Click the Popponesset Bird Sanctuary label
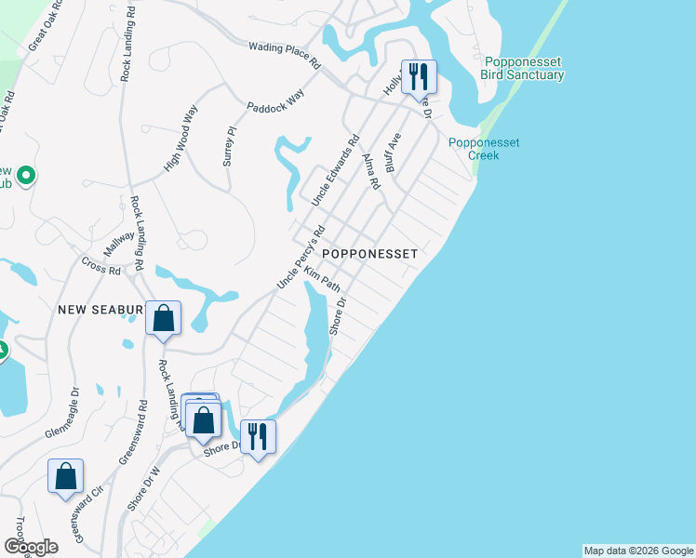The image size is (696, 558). (x=523, y=68)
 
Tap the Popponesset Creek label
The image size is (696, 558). (x=484, y=149)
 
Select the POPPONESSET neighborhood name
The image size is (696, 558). (x=369, y=253)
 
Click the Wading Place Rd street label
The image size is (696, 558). (x=284, y=55)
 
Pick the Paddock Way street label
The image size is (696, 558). (x=275, y=103)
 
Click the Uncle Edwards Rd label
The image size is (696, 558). (x=335, y=172)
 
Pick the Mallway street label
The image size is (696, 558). (x=119, y=245)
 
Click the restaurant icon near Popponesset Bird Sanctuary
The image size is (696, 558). (x=419, y=76)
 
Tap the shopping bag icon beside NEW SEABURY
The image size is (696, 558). (x=163, y=319)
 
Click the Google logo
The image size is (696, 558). (x=32, y=547)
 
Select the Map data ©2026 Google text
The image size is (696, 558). (x=638, y=551)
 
